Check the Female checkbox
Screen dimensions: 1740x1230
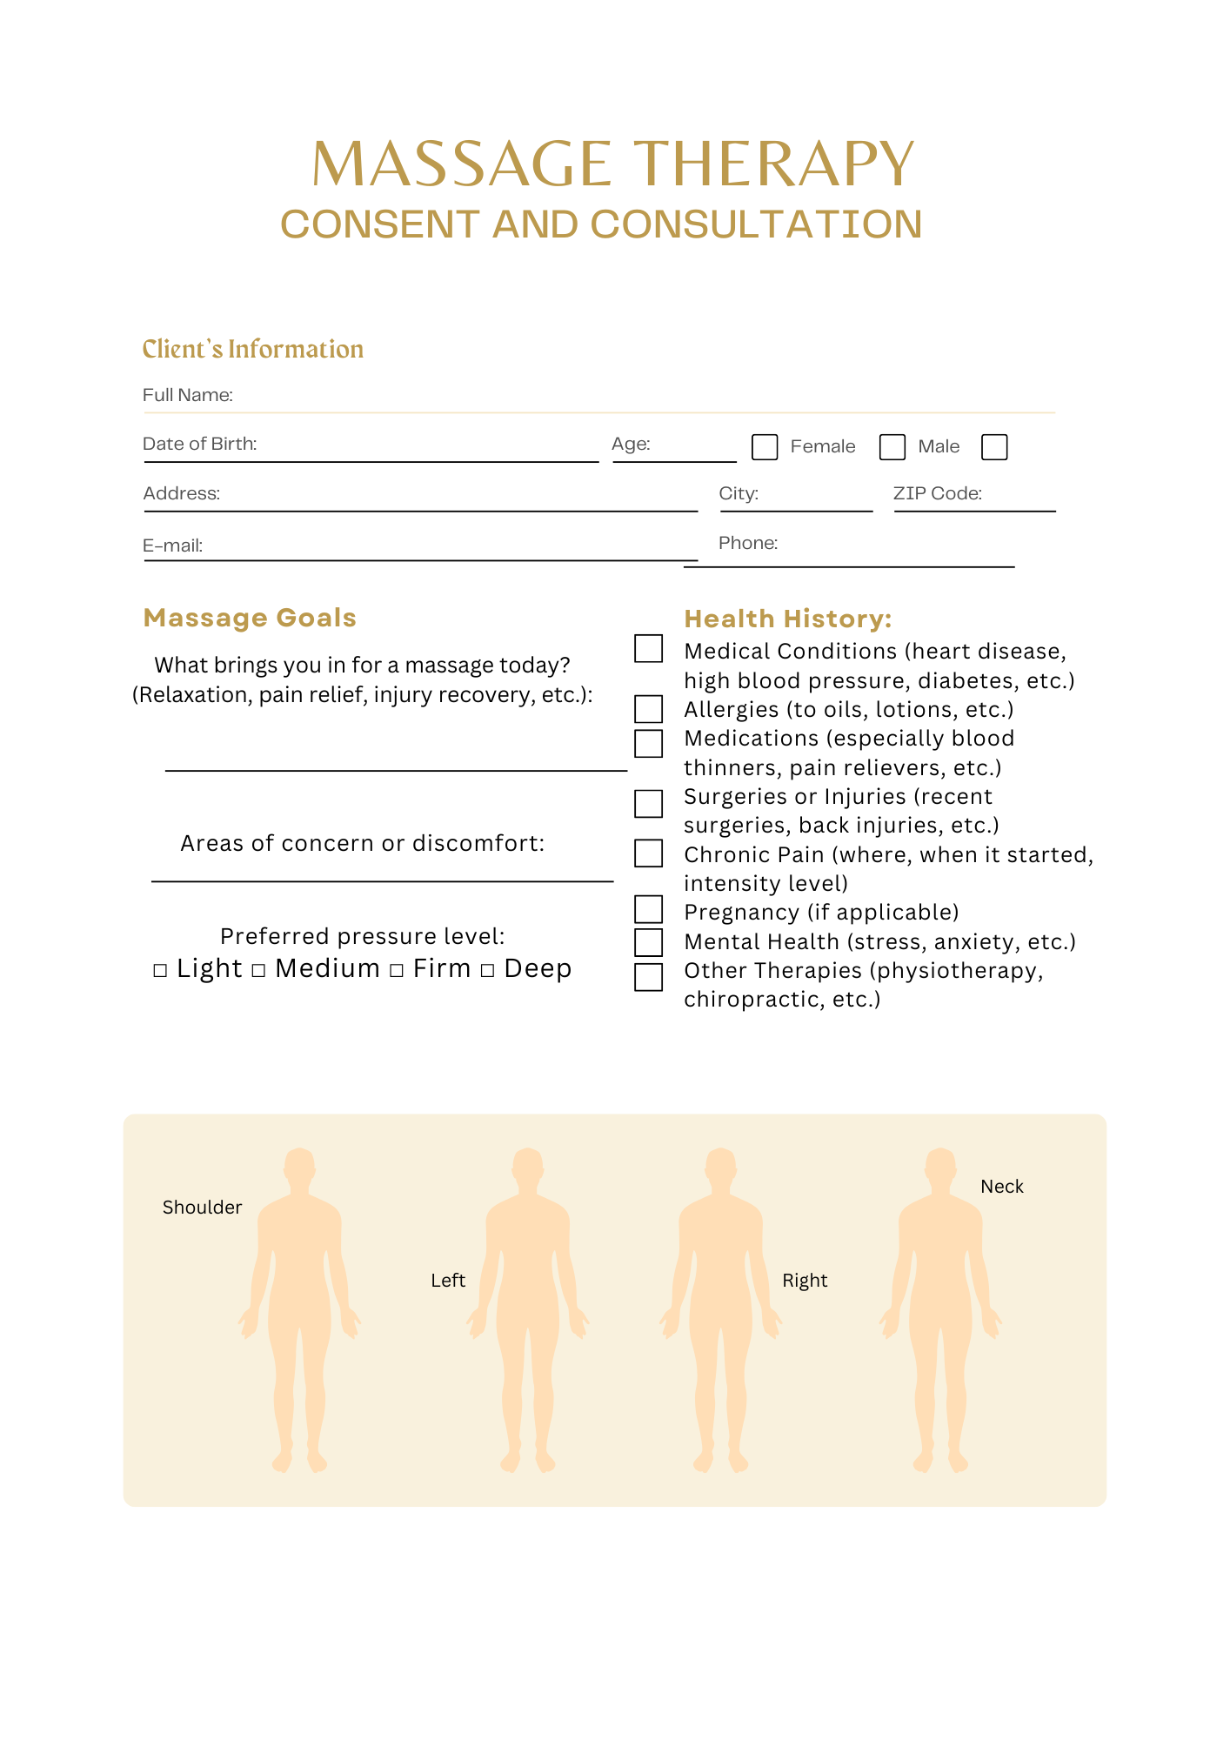[765, 447]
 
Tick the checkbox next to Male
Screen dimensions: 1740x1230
[892, 447]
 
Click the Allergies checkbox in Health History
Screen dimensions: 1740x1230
[648, 709]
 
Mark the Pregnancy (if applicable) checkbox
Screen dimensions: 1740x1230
[648, 909]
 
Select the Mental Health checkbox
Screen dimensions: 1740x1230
[648, 942]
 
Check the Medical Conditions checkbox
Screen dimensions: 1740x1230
[648, 649]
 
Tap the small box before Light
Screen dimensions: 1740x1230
[160, 970]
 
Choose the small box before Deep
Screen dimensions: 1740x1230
[488, 970]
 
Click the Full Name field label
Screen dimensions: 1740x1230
[188, 395]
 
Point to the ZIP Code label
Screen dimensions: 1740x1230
[938, 493]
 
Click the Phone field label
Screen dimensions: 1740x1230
[748, 543]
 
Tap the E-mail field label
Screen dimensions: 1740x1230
[173, 545]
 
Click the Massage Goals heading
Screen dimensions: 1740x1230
[250, 618]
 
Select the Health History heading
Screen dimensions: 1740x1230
[788, 619]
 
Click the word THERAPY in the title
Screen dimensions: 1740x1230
[773, 164]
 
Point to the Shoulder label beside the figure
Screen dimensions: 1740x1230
[202, 1208]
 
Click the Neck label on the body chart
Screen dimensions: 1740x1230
[1002, 1187]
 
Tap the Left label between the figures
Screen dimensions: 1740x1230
[448, 1281]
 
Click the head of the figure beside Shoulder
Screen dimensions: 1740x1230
[299, 1166]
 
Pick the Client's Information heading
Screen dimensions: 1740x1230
[253, 349]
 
